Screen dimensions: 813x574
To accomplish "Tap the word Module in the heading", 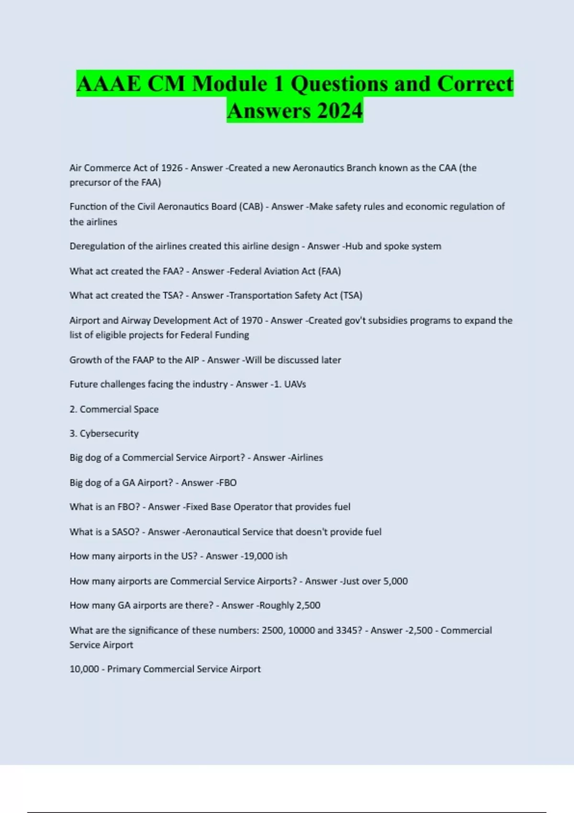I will (230, 84).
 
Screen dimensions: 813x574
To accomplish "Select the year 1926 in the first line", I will (172, 168).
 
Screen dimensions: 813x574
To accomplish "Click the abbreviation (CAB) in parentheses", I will (251, 207).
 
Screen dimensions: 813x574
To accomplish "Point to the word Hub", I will (354, 246).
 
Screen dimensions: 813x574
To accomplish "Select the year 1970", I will (252, 320).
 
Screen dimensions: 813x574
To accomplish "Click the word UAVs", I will (295, 385).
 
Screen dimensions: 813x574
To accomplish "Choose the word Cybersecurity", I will (109, 434).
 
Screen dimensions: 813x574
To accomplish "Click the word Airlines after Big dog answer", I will (307, 458).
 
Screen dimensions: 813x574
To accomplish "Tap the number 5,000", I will (396, 581).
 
